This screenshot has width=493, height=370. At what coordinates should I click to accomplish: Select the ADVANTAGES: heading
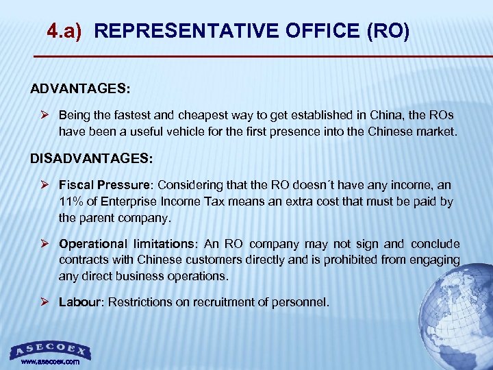[79, 90]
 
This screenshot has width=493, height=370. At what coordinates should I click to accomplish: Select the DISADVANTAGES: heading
[92, 158]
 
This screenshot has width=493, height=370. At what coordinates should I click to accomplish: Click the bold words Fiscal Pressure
[103, 185]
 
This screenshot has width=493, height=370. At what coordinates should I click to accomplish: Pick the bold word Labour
[80, 301]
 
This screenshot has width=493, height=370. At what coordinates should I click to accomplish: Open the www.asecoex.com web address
[50, 361]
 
